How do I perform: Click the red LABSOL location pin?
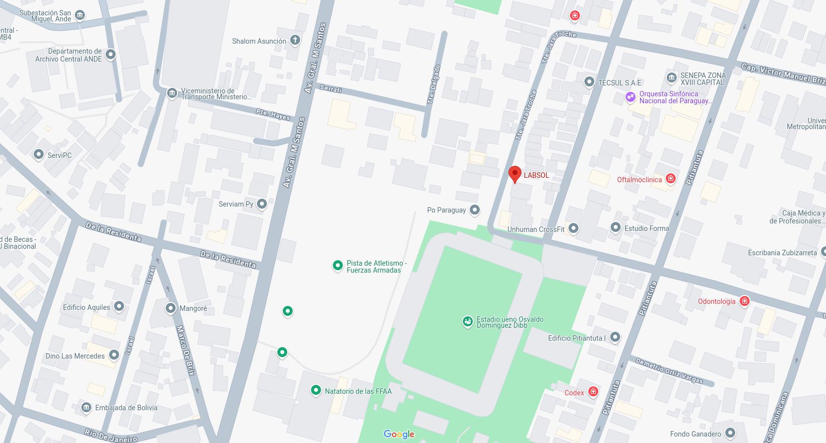515,174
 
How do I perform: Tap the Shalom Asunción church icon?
295,40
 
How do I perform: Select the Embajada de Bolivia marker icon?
86,408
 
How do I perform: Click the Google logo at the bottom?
399,434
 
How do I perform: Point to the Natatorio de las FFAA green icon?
316,390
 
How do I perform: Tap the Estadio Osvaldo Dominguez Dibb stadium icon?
467,322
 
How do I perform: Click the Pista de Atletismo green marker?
337,266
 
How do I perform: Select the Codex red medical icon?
593,392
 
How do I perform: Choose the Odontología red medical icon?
744,301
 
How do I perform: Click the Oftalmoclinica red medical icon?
671,179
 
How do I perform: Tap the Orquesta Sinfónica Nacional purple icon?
630,97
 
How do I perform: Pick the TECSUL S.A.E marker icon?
589,82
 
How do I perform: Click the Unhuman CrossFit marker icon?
573,228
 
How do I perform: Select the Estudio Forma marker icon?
615,227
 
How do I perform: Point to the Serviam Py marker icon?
262,204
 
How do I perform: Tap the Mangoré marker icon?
170,308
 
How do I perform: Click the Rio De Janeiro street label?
110,436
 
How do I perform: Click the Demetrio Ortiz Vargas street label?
669,370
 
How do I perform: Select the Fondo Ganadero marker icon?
730,433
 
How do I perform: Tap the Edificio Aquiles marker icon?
119,306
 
